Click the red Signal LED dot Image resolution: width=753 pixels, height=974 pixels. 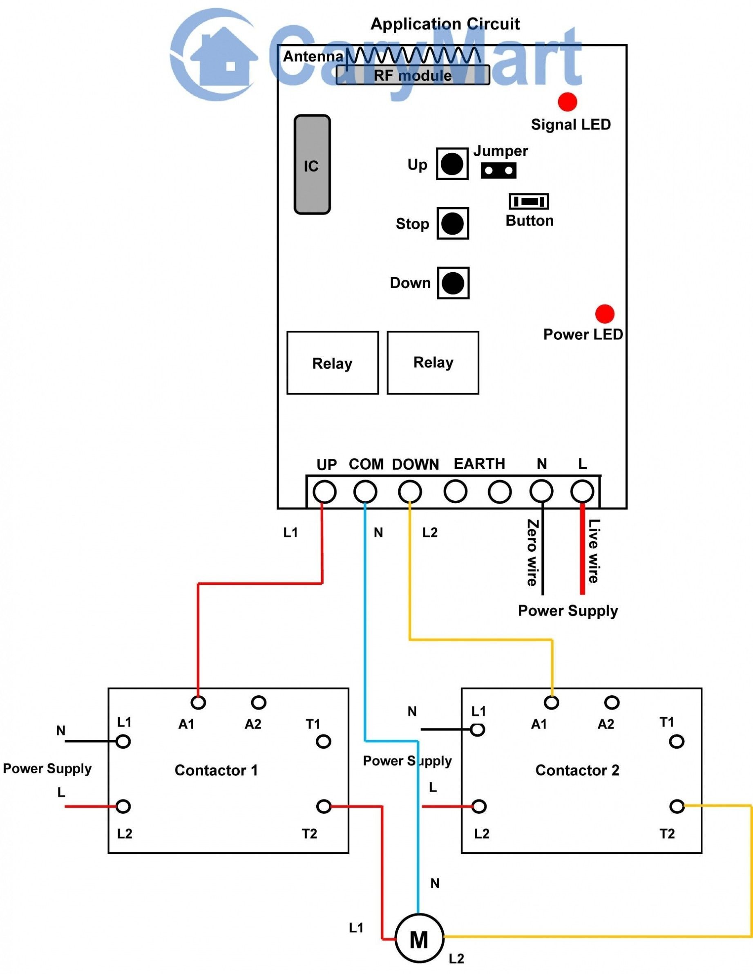567,102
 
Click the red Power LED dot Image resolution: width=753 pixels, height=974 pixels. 605,314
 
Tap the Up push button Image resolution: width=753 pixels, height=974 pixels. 452,163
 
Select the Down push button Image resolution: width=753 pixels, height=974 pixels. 453,283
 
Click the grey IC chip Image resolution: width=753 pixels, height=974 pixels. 312,165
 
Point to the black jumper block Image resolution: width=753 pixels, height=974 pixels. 498,170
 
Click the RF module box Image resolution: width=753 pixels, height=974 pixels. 413,75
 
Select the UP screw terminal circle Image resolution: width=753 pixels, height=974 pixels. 324,492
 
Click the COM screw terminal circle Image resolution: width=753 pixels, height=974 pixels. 365,492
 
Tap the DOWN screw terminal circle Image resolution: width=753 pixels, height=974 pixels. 410,492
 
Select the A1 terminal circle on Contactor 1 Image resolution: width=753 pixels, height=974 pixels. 198,703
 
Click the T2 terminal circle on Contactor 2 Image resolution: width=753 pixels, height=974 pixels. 677,806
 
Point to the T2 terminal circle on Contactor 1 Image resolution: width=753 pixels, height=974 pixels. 324,806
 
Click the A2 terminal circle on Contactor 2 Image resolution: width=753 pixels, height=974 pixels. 612,703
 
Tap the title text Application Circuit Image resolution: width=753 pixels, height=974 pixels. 445,24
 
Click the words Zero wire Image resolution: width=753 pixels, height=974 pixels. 532,553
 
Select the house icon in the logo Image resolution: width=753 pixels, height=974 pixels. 224,56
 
